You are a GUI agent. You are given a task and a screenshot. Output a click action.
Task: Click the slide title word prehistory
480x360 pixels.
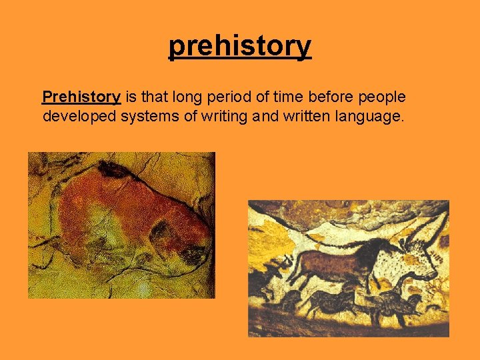pyautogui.click(x=239, y=46)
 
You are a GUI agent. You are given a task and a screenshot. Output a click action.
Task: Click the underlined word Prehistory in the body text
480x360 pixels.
pyautogui.click(x=81, y=97)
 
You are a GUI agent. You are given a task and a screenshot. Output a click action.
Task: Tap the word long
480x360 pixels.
pyautogui.click(x=188, y=97)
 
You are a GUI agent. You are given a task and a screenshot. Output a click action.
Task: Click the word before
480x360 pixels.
pyautogui.click(x=331, y=97)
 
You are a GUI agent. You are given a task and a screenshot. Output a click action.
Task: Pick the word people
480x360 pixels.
pyautogui.click(x=382, y=97)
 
